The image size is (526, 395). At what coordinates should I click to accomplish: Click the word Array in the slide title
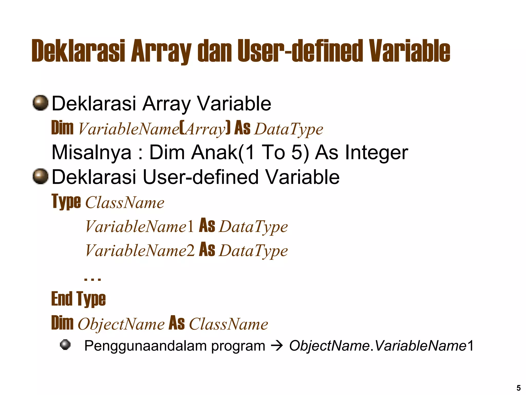(161, 51)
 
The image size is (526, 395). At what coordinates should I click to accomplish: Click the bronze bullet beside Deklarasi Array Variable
(41, 103)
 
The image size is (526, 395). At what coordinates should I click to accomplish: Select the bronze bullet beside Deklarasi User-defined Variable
(41, 176)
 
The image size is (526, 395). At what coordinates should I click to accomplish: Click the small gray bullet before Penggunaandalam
(65, 345)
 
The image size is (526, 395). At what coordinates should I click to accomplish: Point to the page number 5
(519, 388)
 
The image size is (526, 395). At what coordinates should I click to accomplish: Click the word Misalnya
(91, 152)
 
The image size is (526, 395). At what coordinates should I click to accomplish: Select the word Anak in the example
(215, 152)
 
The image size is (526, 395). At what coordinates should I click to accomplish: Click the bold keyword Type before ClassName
(66, 202)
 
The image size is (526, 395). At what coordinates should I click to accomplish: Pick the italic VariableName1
(139, 226)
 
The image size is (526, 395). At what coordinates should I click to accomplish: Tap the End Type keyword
(78, 299)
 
